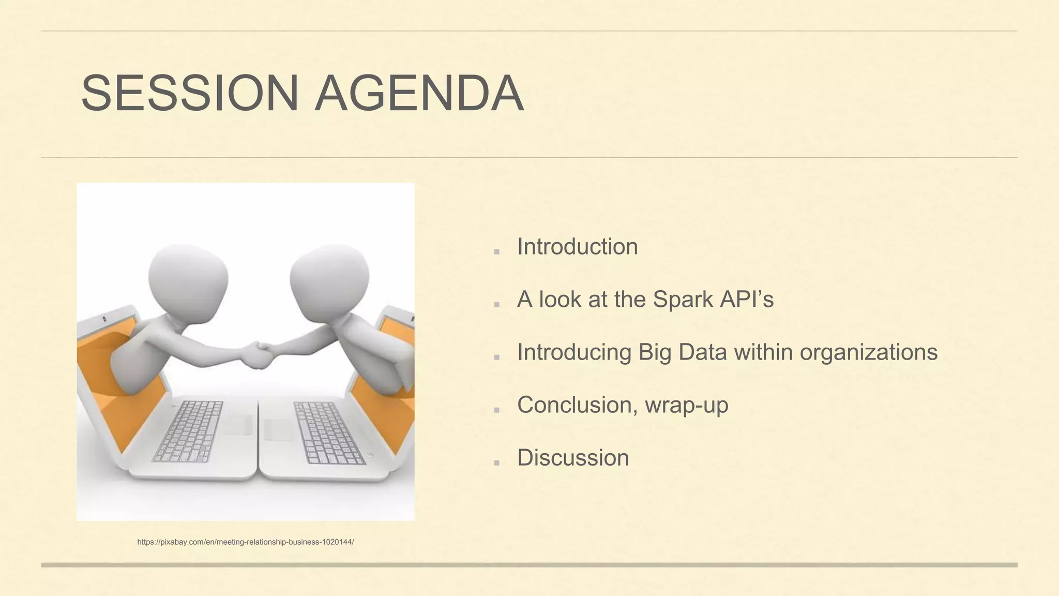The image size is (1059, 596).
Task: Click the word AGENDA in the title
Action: pyautogui.click(x=419, y=94)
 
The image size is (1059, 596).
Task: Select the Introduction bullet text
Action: pyautogui.click(x=577, y=247)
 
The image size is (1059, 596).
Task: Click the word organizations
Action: pyautogui.click(x=868, y=352)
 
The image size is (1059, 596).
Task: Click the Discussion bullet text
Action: pyautogui.click(x=573, y=458)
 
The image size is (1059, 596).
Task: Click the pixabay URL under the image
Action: pyautogui.click(x=245, y=542)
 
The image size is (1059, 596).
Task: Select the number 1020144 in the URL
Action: pyautogui.click(x=337, y=542)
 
